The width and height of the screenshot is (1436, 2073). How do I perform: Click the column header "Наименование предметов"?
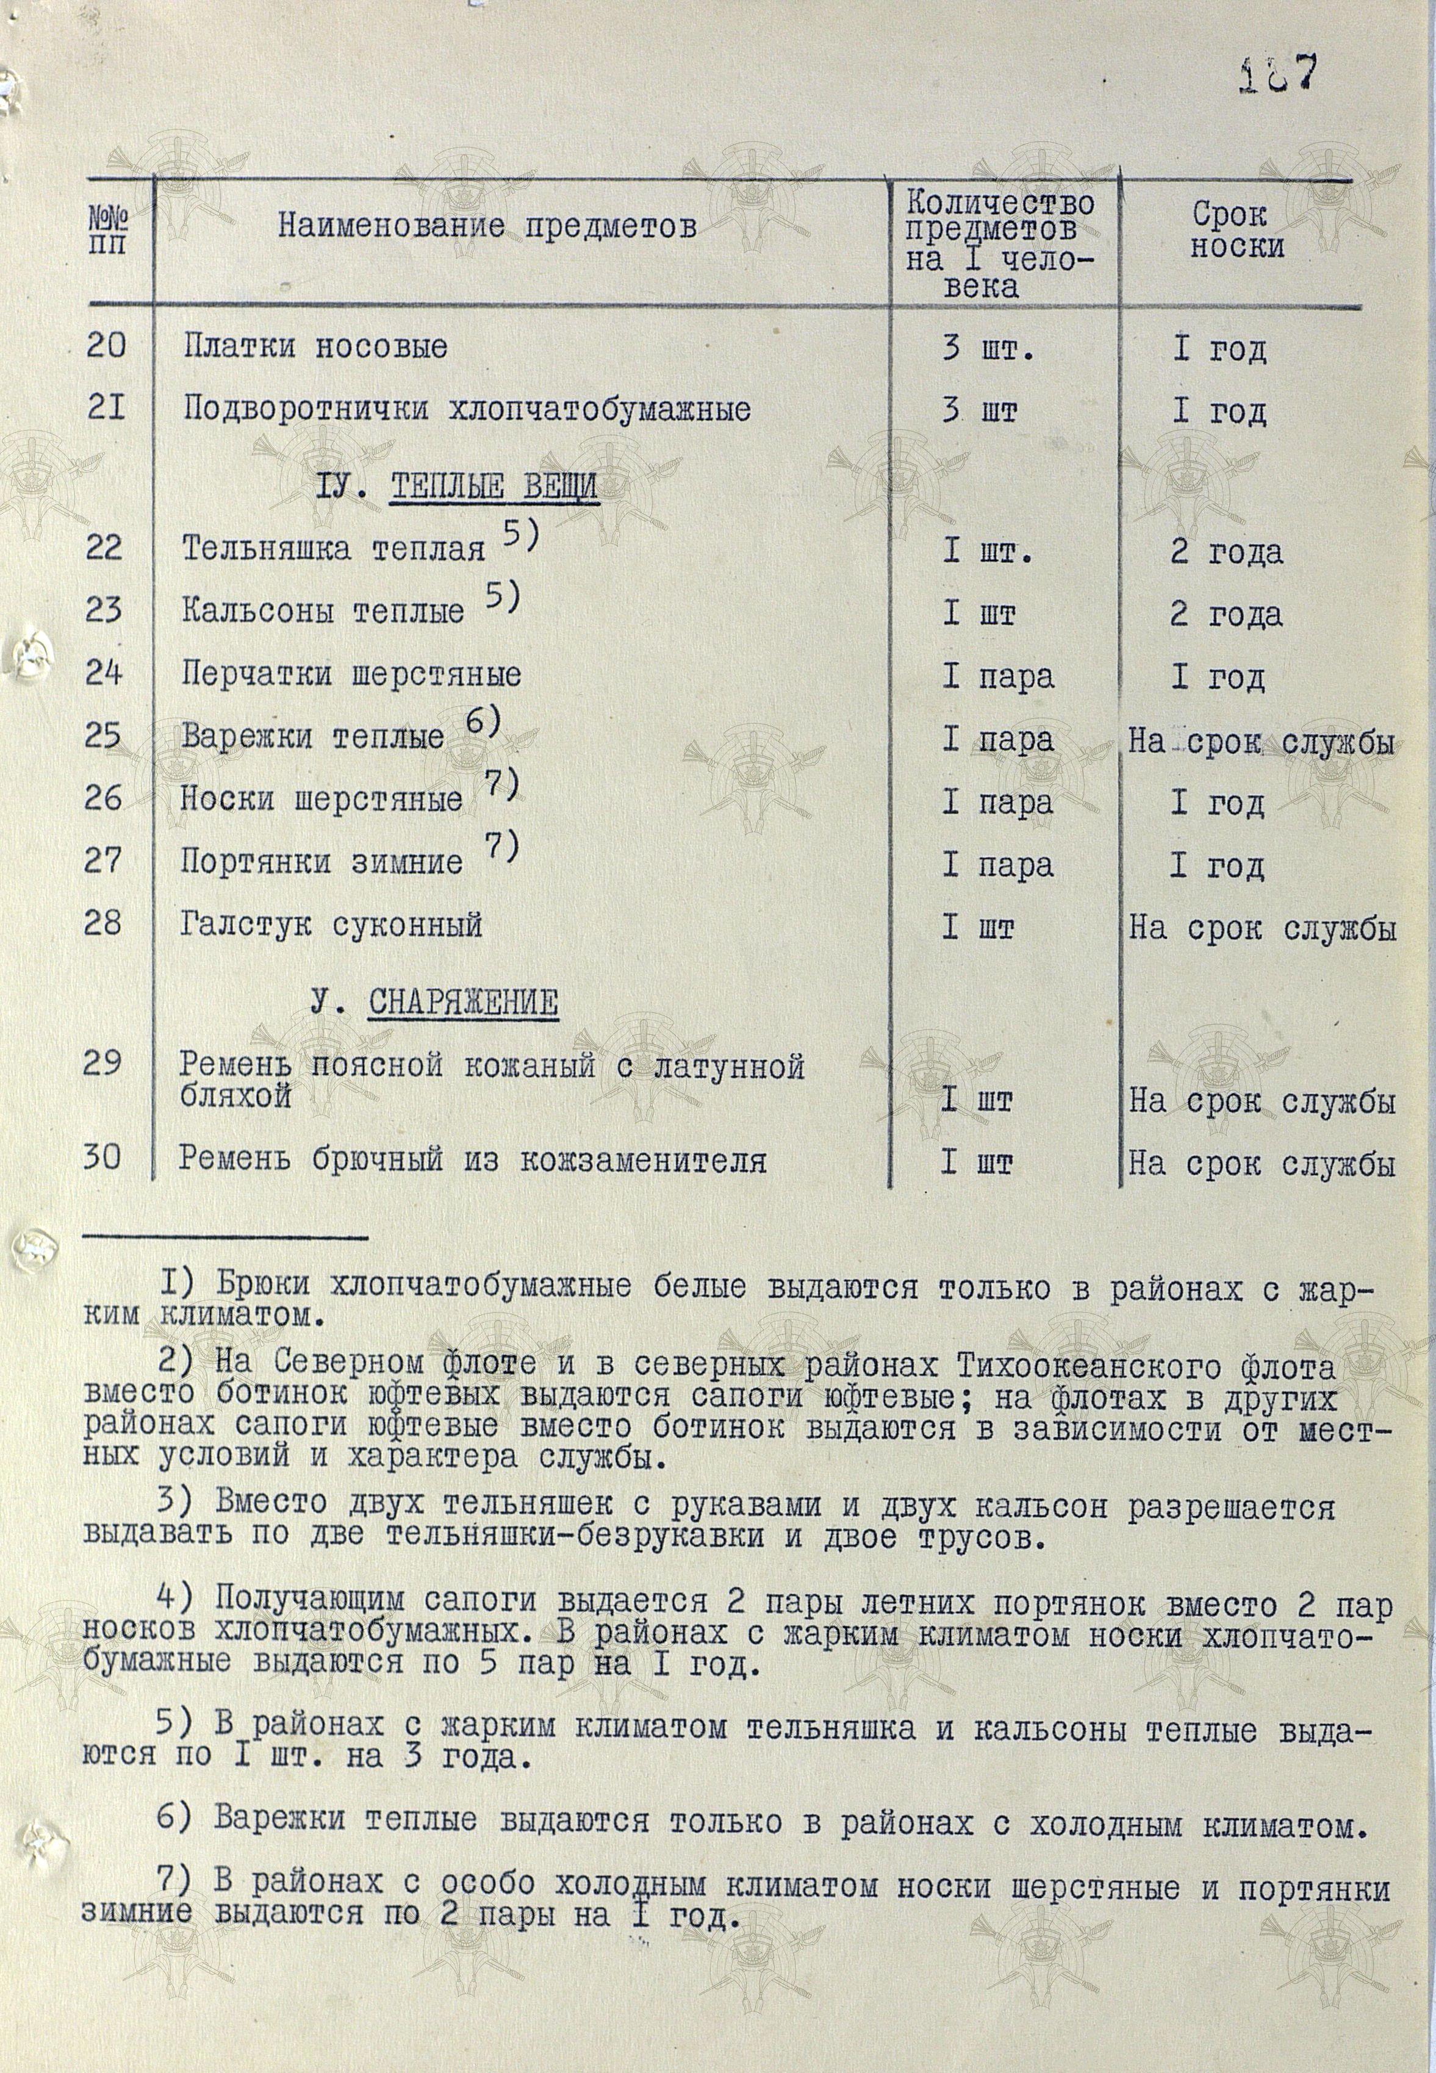click(487, 227)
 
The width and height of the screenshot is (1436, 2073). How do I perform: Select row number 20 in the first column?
click(106, 345)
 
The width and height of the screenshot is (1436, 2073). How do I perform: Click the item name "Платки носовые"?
click(315, 347)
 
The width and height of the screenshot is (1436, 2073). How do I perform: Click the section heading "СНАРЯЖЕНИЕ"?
click(462, 1003)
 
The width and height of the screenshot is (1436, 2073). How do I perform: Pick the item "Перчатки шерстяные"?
click(351, 675)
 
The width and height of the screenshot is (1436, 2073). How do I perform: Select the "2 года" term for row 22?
click(1226, 552)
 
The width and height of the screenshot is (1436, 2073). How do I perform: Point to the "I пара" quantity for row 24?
click(998, 677)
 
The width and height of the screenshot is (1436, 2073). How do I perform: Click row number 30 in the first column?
click(102, 1158)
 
